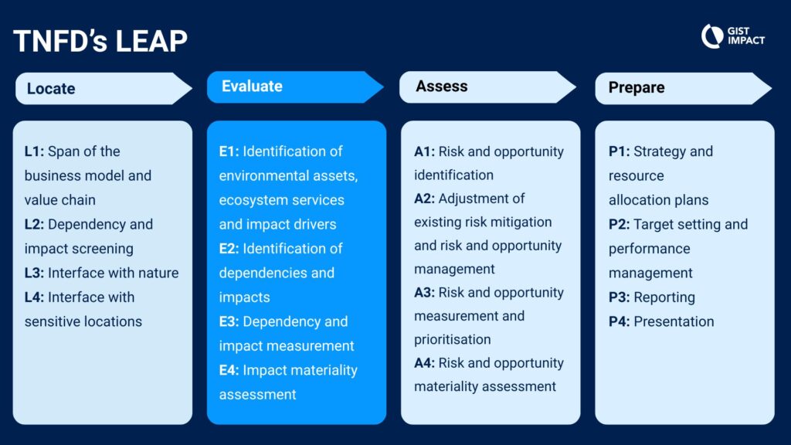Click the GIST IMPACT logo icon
(x=712, y=36)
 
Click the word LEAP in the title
(x=151, y=41)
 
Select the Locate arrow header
(x=104, y=88)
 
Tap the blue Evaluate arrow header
(x=295, y=87)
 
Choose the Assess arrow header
(x=488, y=87)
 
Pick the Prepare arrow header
(x=684, y=88)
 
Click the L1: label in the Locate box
(x=34, y=151)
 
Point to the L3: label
(x=34, y=273)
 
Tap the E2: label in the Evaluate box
(x=229, y=249)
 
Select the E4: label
(x=229, y=370)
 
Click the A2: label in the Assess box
(x=424, y=199)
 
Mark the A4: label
(x=424, y=363)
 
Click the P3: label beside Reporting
(x=619, y=297)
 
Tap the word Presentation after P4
(x=674, y=322)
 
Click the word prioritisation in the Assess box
(x=453, y=340)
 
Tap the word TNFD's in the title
(x=60, y=41)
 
